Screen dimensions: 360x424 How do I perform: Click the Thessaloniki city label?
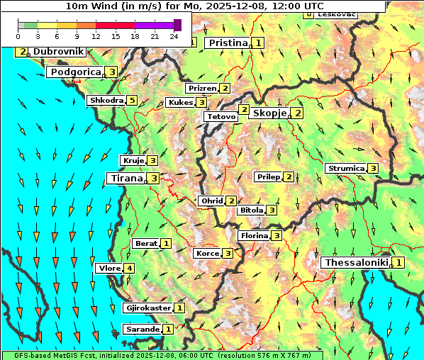click(356, 263)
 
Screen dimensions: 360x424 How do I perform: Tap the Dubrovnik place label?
click(57, 52)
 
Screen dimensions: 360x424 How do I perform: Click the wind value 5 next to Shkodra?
click(132, 101)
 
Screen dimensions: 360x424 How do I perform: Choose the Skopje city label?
click(269, 113)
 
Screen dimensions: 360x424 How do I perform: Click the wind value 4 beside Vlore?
click(129, 268)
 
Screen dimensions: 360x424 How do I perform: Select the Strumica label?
click(345, 169)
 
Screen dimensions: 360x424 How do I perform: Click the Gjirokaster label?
click(147, 308)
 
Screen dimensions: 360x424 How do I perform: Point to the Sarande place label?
click(142, 330)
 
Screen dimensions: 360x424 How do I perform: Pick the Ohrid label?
click(211, 201)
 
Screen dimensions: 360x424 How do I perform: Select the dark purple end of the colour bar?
click(177, 25)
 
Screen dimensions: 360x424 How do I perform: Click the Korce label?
click(207, 254)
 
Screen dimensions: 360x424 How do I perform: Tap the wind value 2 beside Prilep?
click(289, 176)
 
